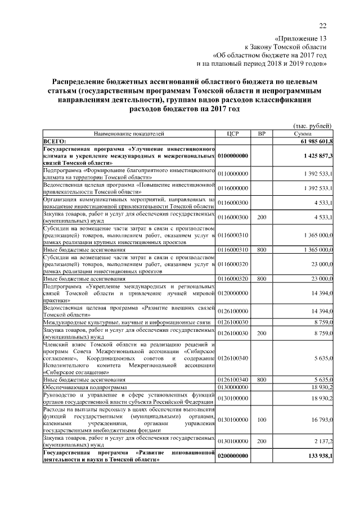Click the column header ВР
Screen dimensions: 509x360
pyautogui.click(x=261, y=134)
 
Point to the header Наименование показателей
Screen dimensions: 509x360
pyautogui.click(x=129, y=134)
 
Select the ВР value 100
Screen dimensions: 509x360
pyautogui.click(x=261, y=418)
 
